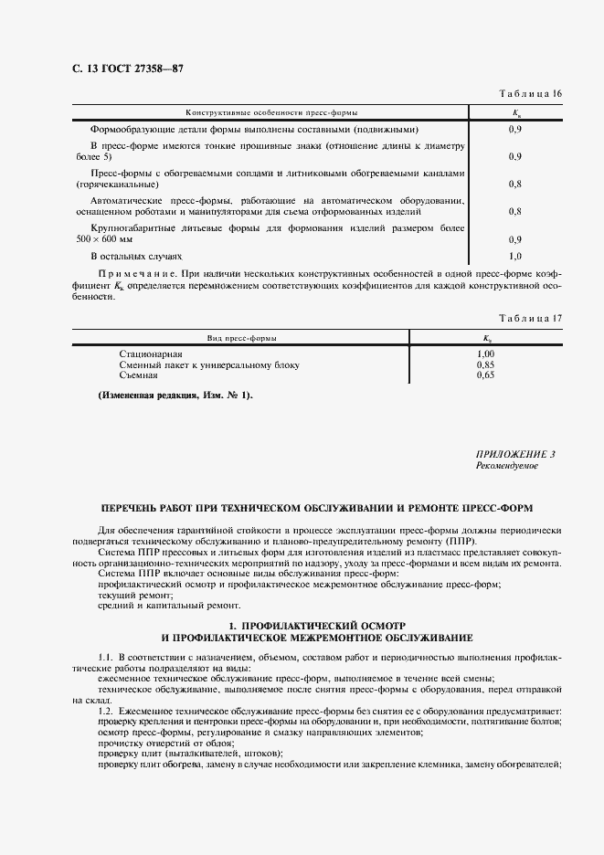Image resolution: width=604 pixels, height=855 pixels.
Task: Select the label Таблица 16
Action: pyautogui.click(x=529, y=95)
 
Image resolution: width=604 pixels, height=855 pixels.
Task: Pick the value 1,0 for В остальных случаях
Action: pyautogui.click(x=514, y=257)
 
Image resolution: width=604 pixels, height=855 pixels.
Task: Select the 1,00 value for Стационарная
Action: pyautogui.click(x=485, y=354)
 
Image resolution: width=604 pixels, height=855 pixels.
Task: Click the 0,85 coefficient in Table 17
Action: pyautogui.click(x=485, y=364)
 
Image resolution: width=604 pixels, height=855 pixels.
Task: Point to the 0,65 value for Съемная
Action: pyautogui.click(x=485, y=375)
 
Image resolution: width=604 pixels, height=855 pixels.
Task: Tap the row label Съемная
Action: pyautogui.click(x=138, y=375)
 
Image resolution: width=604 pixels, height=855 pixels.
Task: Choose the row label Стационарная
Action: pyautogui.click(x=151, y=354)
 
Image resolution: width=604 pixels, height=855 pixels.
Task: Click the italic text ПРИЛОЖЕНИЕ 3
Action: pyautogui.click(x=515, y=454)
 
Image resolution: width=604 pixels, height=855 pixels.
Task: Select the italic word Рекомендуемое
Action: pyautogui.click(x=507, y=466)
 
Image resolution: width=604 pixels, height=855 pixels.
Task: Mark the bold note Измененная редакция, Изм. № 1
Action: pyautogui.click(x=175, y=395)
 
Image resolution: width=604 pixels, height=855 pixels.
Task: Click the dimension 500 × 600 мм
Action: pyautogui.click(x=102, y=239)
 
